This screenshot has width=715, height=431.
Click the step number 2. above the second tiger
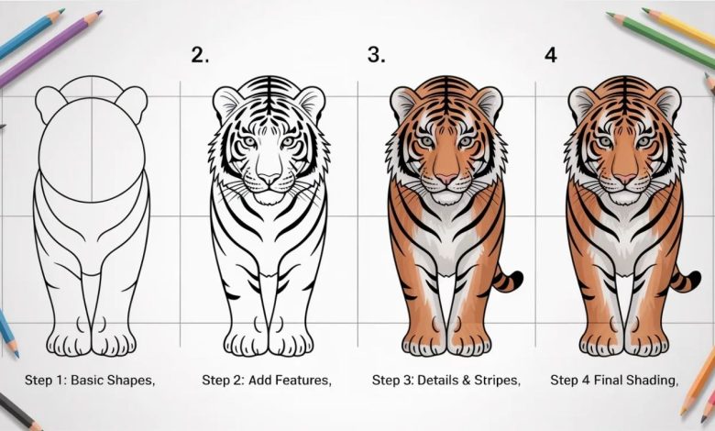click(200, 54)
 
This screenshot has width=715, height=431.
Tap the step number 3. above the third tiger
click(376, 54)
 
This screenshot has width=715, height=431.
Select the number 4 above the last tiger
click(551, 54)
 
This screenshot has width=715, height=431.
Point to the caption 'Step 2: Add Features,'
click(267, 379)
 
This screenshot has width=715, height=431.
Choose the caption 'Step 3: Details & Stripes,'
click(446, 379)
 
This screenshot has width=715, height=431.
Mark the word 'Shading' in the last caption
click(651, 380)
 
